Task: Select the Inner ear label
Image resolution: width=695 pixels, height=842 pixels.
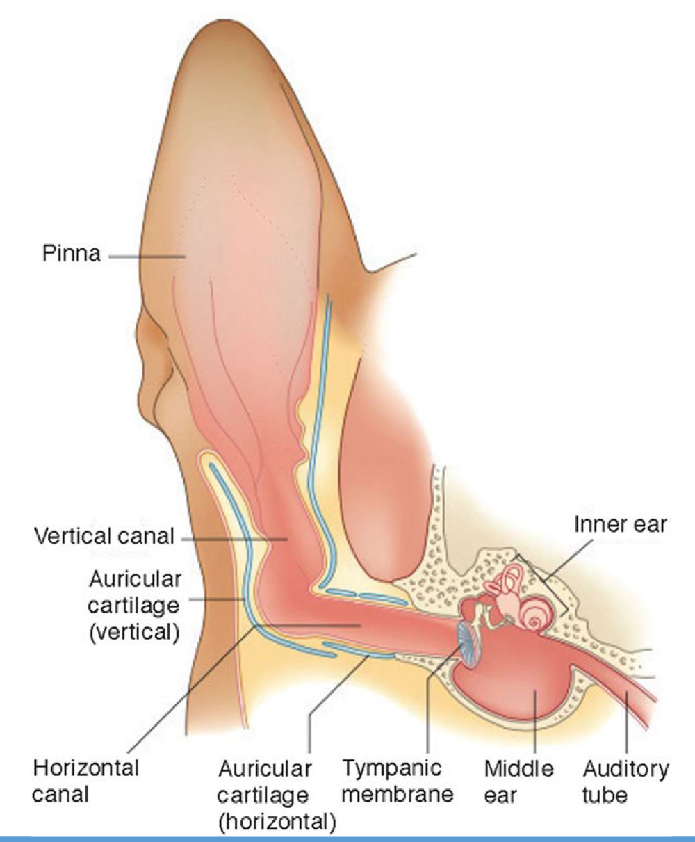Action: click(619, 524)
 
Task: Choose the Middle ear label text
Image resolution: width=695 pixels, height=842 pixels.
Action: click(519, 781)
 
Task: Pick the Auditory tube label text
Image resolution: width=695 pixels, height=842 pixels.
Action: click(625, 781)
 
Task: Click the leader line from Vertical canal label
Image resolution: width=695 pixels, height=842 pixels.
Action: click(229, 537)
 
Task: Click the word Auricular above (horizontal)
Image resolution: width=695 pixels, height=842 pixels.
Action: click(264, 770)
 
